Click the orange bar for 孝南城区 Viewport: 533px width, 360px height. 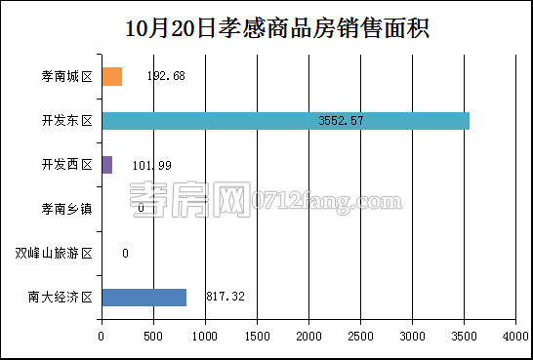(x=111, y=76)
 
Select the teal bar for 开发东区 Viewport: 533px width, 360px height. (x=285, y=121)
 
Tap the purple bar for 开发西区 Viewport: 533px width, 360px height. (x=106, y=165)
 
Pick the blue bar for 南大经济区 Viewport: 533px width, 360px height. (x=143, y=297)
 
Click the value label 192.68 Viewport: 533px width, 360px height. (x=165, y=76)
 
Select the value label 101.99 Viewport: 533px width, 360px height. (x=151, y=165)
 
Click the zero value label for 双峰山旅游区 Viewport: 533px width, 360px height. (x=125, y=254)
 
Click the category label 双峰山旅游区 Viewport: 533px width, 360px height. (x=54, y=254)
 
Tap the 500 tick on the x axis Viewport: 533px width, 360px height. (x=153, y=337)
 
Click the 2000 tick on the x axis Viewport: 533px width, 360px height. (x=308, y=337)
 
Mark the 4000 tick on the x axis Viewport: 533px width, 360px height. (x=515, y=337)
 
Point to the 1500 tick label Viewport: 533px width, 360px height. (x=257, y=337)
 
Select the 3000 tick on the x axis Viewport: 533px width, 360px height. (x=412, y=337)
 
